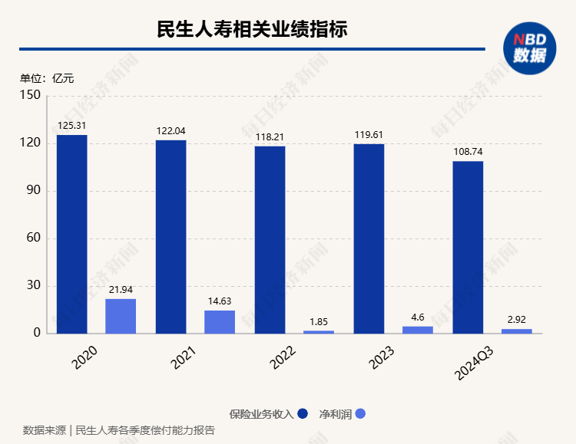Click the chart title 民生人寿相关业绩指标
(252, 30)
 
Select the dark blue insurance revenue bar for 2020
(71, 234)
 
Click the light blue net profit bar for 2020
(121, 316)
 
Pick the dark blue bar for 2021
(170, 236)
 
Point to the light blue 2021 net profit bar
(220, 322)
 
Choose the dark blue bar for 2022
(270, 239)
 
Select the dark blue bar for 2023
(369, 238)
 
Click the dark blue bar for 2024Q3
(468, 247)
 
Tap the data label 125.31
(71, 126)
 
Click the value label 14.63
(220, 301)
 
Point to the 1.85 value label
(319, 321)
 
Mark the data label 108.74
(468, 152)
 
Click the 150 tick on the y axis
(30, 96)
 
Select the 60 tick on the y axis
(33, 238)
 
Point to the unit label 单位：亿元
(47, 77)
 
